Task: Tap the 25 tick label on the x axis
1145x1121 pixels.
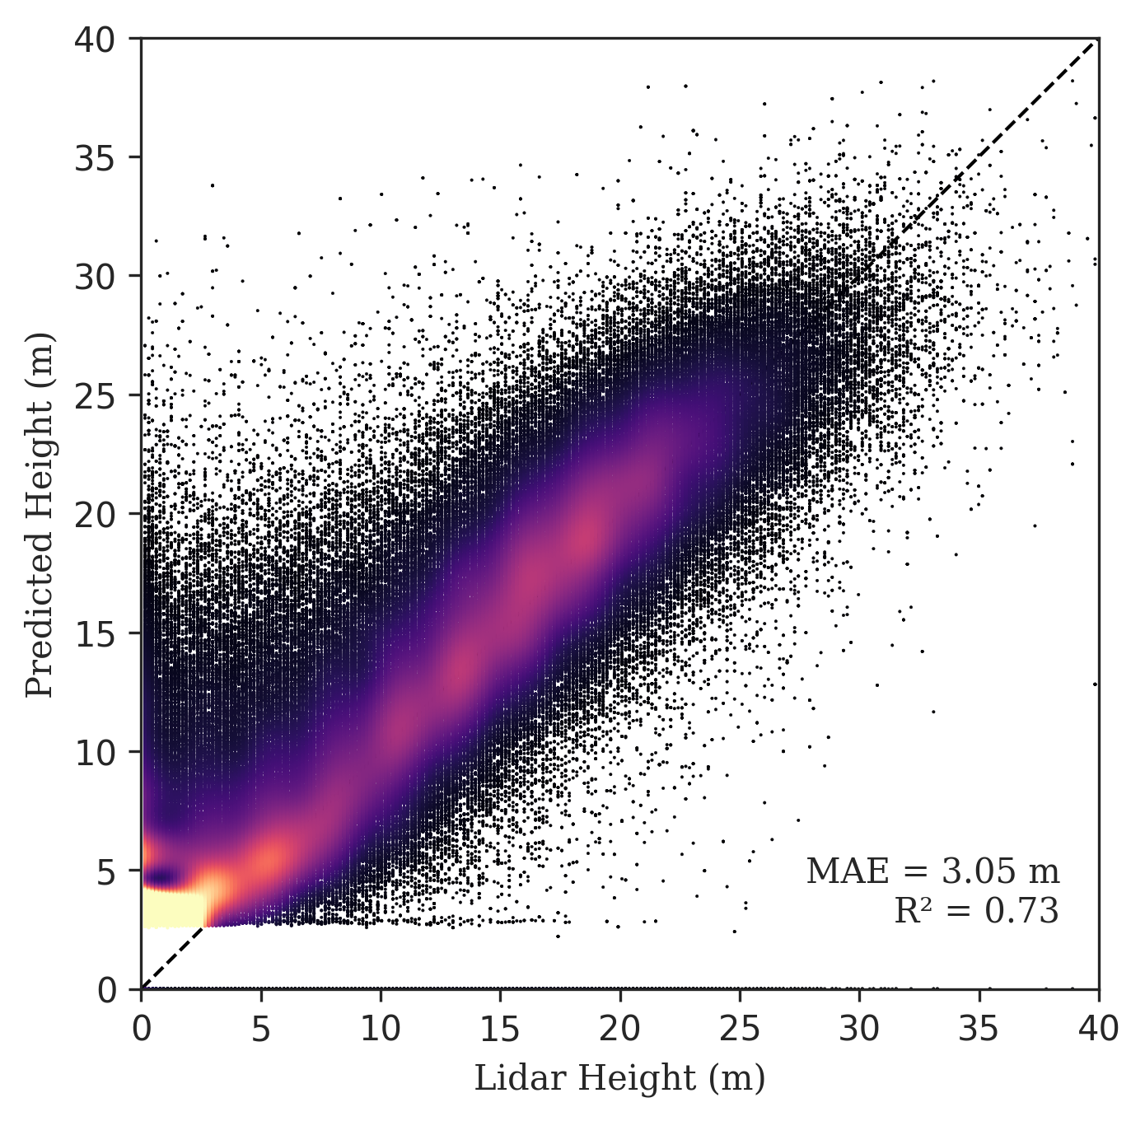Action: point(739,1030)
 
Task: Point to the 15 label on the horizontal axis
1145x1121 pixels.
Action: point(500,1030)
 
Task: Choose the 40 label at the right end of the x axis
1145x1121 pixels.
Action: point(1098,1030)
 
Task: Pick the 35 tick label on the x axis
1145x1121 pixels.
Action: point(979,1030)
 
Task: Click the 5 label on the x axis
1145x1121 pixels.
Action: point(261,1030)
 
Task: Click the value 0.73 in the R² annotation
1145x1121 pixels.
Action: point(1021,911)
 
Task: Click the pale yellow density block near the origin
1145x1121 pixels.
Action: point(174,908)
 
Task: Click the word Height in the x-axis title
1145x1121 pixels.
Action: point(637,1079)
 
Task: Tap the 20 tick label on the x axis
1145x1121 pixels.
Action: point(619,1030)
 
